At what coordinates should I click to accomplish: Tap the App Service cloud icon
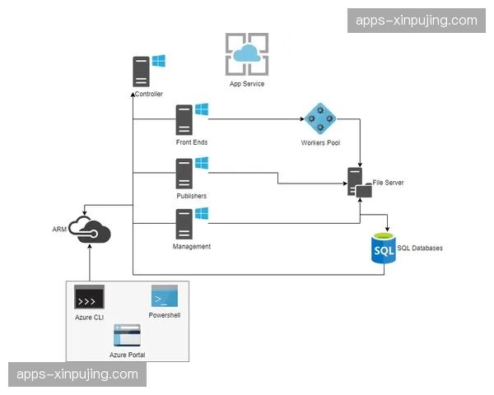[x=247, y=54]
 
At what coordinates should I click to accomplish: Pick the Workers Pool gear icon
[x=319, y=121]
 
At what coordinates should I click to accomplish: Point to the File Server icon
[x=358, y=184]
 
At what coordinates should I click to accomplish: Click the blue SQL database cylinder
[x=384, y=248]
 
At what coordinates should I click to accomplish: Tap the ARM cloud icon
[x=90, y=230]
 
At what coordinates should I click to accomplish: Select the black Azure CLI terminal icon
[x=89, y=297]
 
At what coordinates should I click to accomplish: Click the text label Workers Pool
[x=320, y=143]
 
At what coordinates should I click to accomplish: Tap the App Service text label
[x=247, y=84]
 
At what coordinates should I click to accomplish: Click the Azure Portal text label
[x=128, y=355]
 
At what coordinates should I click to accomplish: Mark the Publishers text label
[x=191, y=196]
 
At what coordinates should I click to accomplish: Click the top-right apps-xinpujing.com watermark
[x=416, y=20]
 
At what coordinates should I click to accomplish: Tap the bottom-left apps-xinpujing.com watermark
[x=78, y=374]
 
